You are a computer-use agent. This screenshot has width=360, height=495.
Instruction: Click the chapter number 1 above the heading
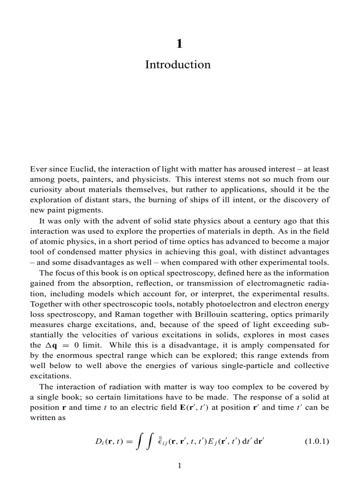pyautogui.click(x=179, y=44)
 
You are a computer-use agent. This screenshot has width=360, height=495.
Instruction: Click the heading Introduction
pyautogui.click(x=178, y=65)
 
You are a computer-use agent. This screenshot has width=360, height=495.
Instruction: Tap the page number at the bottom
pyautogui.click(x=179, y=465)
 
